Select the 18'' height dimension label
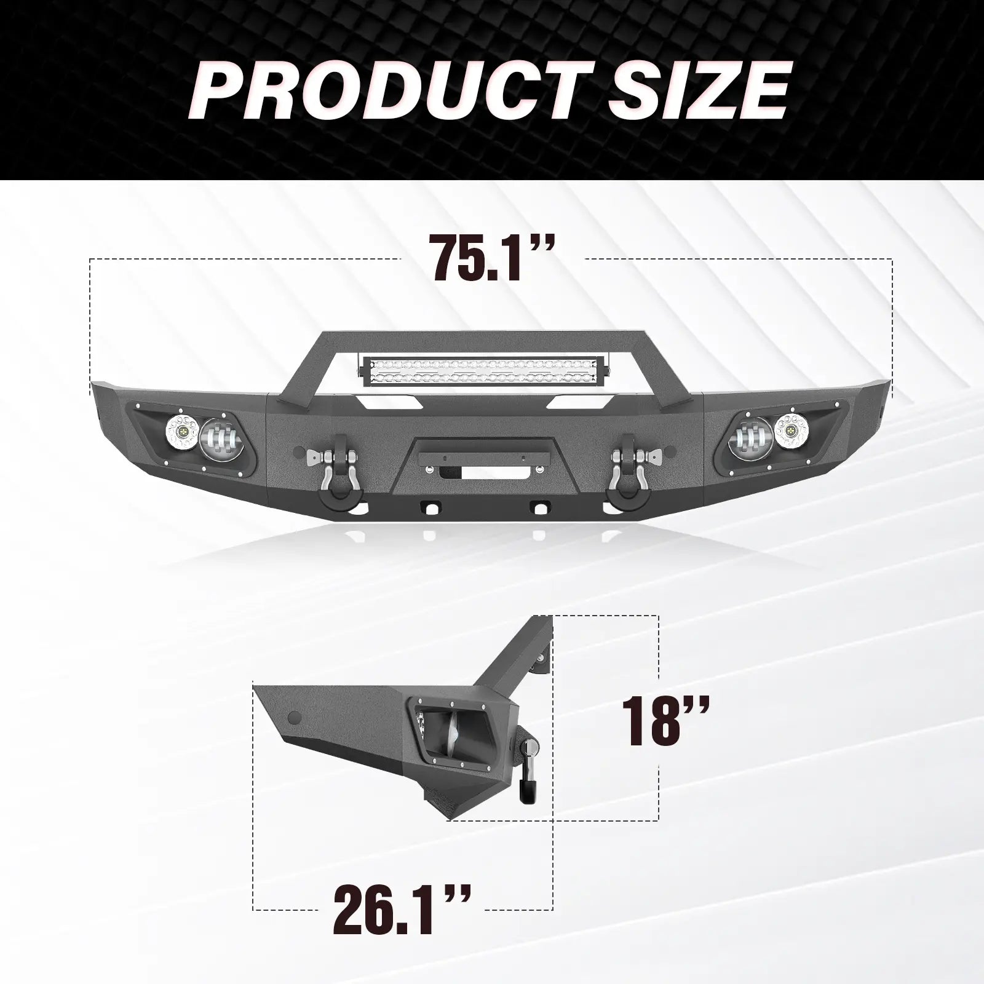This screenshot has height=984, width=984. point(667,720)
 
